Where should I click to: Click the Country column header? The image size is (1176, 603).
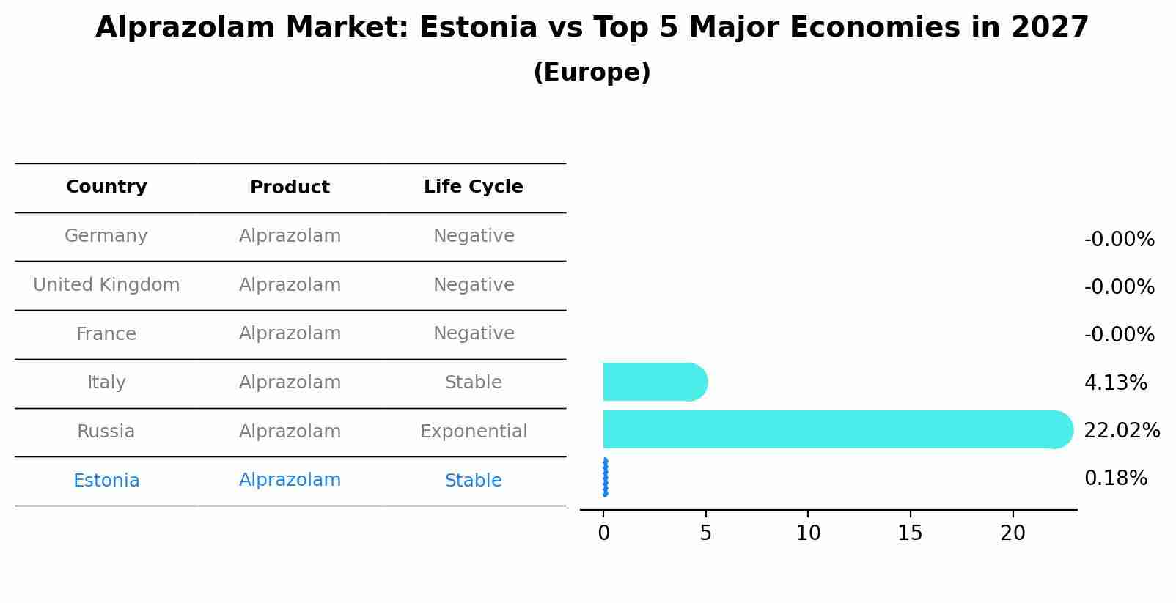(106, 187)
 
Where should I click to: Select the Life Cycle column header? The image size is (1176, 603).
(473, 187)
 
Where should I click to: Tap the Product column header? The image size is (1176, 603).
(290, 188)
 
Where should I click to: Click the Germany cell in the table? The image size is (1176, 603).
(106, 236)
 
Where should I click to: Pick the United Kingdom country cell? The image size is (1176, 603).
(106, 285)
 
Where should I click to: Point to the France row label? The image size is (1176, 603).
(106, 334)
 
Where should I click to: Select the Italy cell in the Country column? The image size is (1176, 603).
(106, 382)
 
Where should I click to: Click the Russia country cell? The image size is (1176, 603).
(106, 432)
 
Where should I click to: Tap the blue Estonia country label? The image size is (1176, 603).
(106, 481)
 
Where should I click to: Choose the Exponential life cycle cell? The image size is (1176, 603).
(473, 432)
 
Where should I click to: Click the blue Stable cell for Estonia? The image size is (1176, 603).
(473, 481)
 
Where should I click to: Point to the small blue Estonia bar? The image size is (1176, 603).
(605, 478)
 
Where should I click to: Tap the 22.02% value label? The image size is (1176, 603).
(1122, 431)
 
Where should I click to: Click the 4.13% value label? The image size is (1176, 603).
(1115, 382)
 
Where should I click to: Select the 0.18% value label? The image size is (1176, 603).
(1115, 478)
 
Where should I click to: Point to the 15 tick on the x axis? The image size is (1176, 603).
(910, 533)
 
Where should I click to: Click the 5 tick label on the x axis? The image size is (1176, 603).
(705, 533)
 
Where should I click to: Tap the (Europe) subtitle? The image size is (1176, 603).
(592, 73)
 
